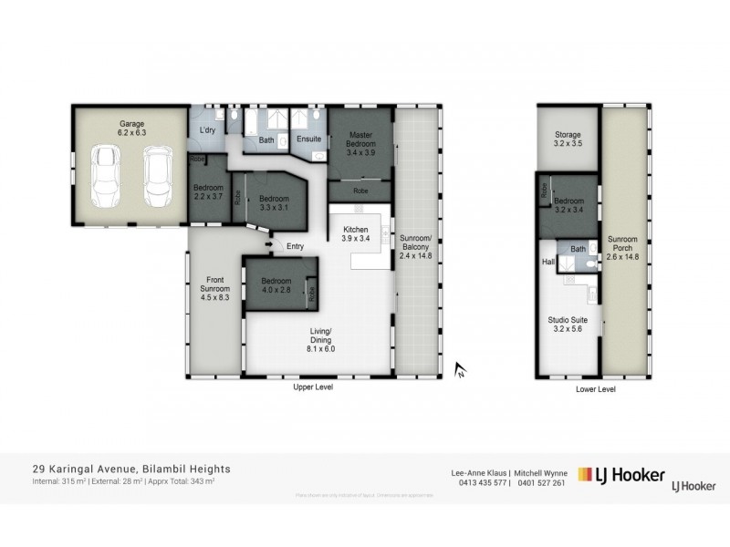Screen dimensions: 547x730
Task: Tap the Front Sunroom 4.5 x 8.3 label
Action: pos(215,289)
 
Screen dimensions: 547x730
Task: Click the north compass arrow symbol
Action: pos(461,369)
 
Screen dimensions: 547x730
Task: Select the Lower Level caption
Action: pos(596,388)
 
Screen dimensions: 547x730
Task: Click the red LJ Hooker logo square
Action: pos(588,474)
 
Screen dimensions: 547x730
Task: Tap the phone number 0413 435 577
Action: pos(477,482)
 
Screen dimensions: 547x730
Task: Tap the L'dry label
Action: pos(207,132)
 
